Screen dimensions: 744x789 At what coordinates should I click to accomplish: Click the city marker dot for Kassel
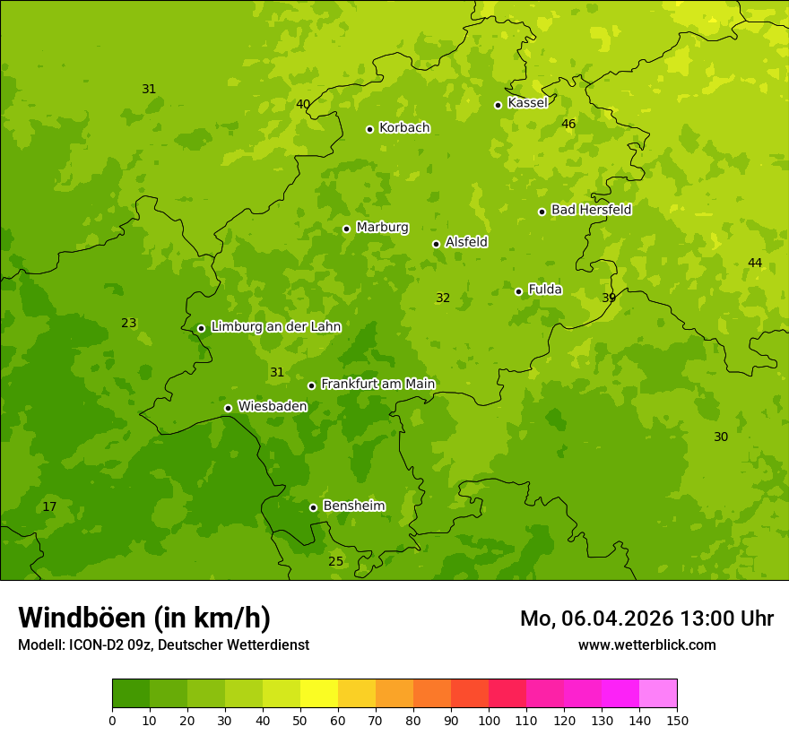pyautogui.click(x=499, y=105)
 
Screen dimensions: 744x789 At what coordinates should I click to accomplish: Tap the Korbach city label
pyautogui.click(x=404, y=128)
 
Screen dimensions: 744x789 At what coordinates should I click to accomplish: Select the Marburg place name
pyautogui.click(x=382, y=228)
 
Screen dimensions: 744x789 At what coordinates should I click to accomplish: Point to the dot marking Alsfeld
pyautogui.click(x=436, y=244)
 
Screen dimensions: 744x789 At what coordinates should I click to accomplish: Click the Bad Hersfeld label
pyautogui.click(x=591, y=210)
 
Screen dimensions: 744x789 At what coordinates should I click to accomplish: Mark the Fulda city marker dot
pyautogui.click(x=518, y=291)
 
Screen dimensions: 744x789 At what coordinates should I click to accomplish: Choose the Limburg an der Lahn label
pyautogui.click(x=275, y=327)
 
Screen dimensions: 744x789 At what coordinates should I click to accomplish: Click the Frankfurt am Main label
pyautogui.click(x=377, y=384)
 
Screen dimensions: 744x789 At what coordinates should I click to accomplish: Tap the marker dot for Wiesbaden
pyautogui.click(x=228, y=408)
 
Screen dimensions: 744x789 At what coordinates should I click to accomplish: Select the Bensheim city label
pyautogui.click(x=353, y=506)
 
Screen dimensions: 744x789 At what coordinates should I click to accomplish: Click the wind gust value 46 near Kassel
pyautogui.click(x=568, y=124)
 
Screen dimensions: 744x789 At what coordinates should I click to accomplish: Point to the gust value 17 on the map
pyautogui.click(x=49, y=507)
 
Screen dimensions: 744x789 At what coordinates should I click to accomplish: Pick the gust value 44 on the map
pyautogui.click(x=755, y=263)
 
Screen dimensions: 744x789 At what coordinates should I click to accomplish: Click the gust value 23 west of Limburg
pyautogui.click(x=129, y=323)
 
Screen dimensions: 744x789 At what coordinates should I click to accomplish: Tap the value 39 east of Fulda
pyautogui.click(x=609, y=298)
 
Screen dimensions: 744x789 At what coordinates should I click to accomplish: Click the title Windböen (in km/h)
pyautogui.click(x=144, y=618)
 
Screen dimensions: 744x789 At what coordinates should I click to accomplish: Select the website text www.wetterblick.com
pyautogui.click(x=646, y=645)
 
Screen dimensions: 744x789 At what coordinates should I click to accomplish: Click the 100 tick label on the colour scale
pyautogui.click(x=489, y=720)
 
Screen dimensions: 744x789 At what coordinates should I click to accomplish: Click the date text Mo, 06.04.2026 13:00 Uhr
pyautogui.click(x=646, y=619)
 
